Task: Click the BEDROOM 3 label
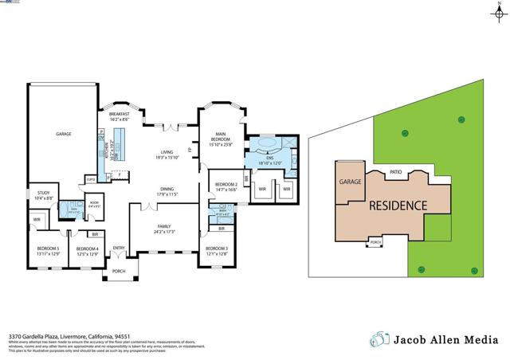[216, 248]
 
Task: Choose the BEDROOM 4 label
[87, 249]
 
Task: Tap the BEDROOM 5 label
[48, 248]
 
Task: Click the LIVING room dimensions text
[167, 158]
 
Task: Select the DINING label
[167, 188]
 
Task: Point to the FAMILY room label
[164, 227]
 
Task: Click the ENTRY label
[119, 248]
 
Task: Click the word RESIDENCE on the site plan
[398, 205]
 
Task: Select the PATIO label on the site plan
[395, 171]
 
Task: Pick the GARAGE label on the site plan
[351, 182]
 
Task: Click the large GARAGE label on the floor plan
[63, 134]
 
